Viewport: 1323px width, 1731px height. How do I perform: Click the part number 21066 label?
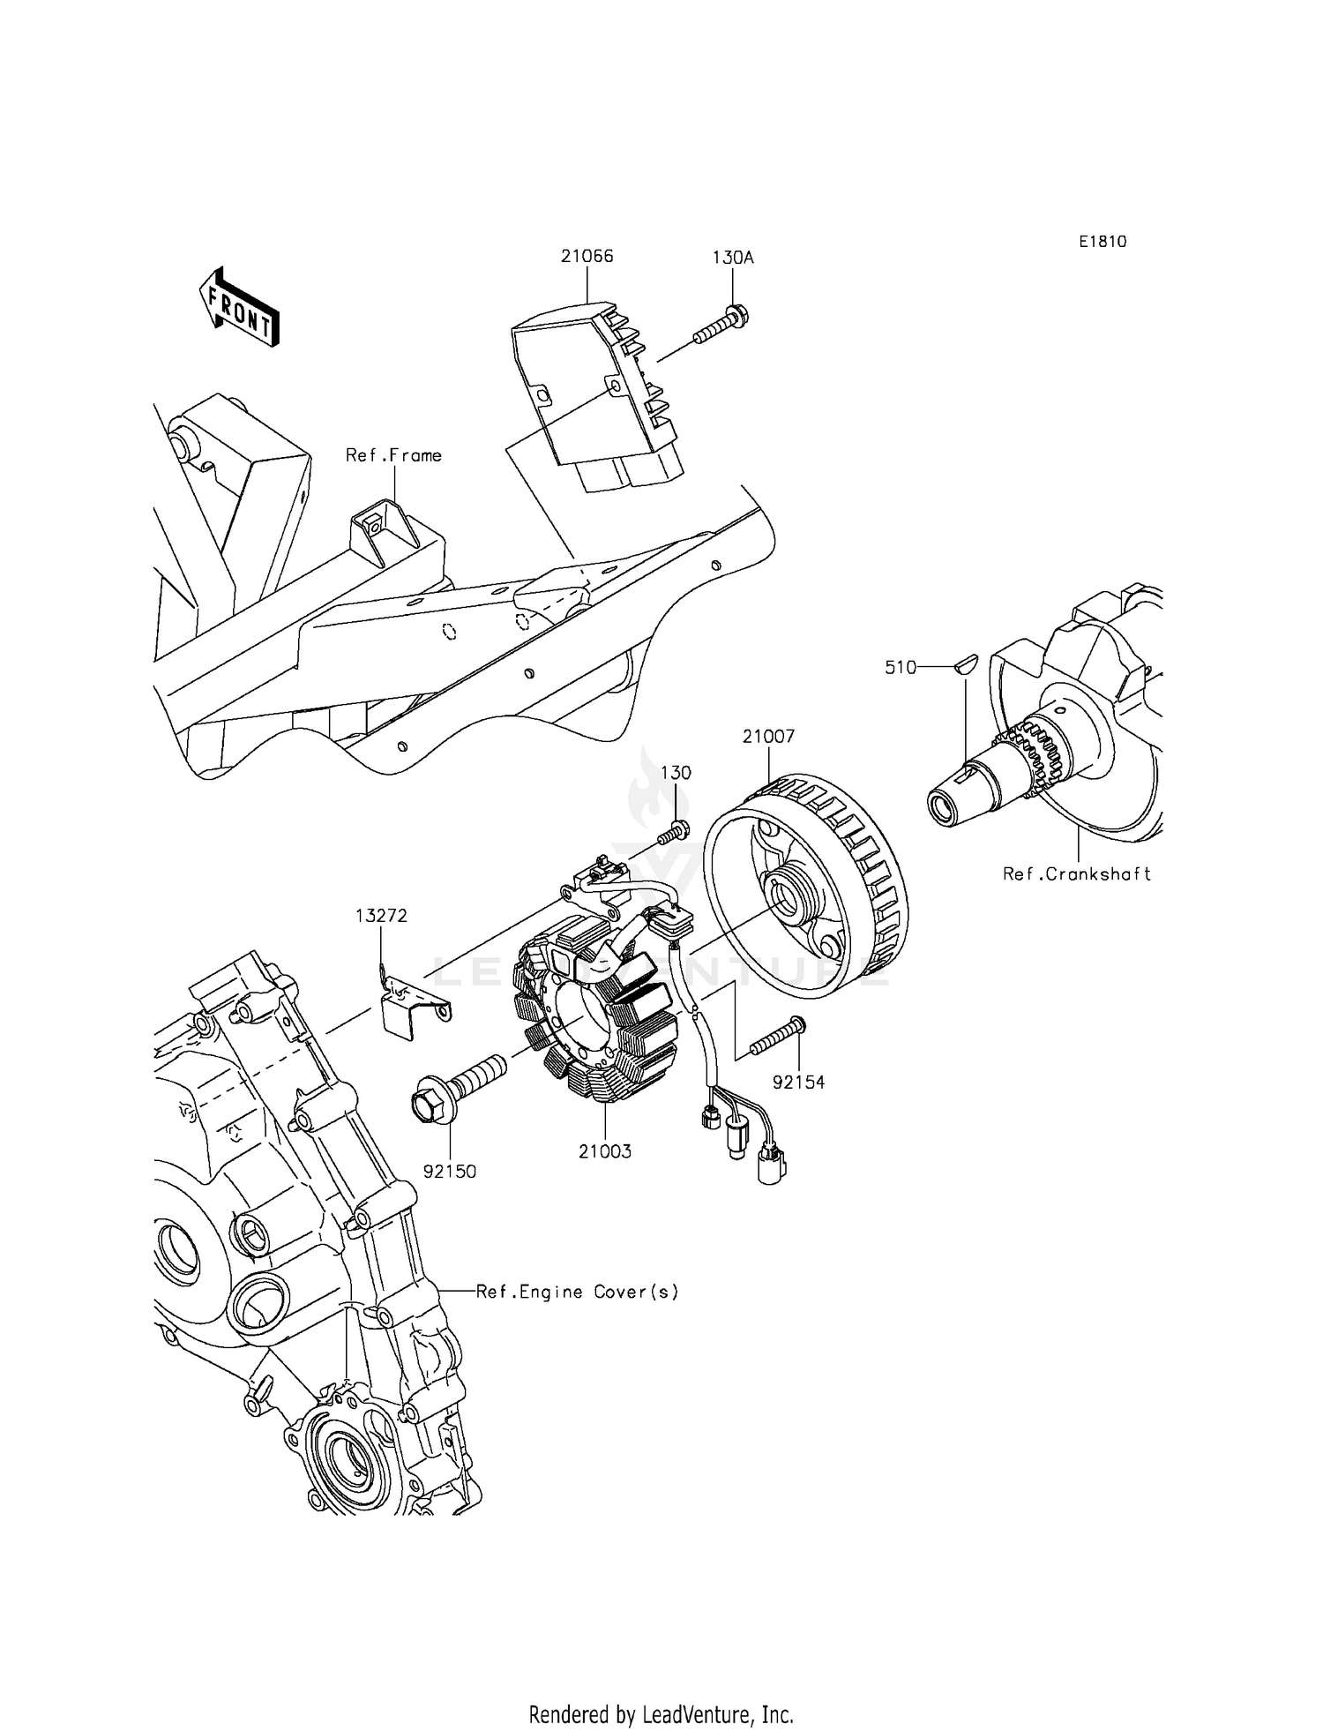587,257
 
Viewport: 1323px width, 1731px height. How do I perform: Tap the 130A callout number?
733,258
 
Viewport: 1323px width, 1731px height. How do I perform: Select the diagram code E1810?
1102,242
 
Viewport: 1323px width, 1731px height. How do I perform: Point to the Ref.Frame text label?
393,455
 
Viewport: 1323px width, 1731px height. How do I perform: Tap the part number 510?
901,668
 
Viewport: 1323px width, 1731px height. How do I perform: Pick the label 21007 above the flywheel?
768,736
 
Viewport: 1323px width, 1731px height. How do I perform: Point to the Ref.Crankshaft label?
1077,873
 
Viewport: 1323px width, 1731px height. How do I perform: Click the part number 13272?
381,916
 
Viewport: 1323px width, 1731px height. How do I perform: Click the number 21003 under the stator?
605,1151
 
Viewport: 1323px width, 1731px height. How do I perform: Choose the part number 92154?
798,1082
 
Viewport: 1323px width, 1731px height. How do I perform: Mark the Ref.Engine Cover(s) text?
578,1292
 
